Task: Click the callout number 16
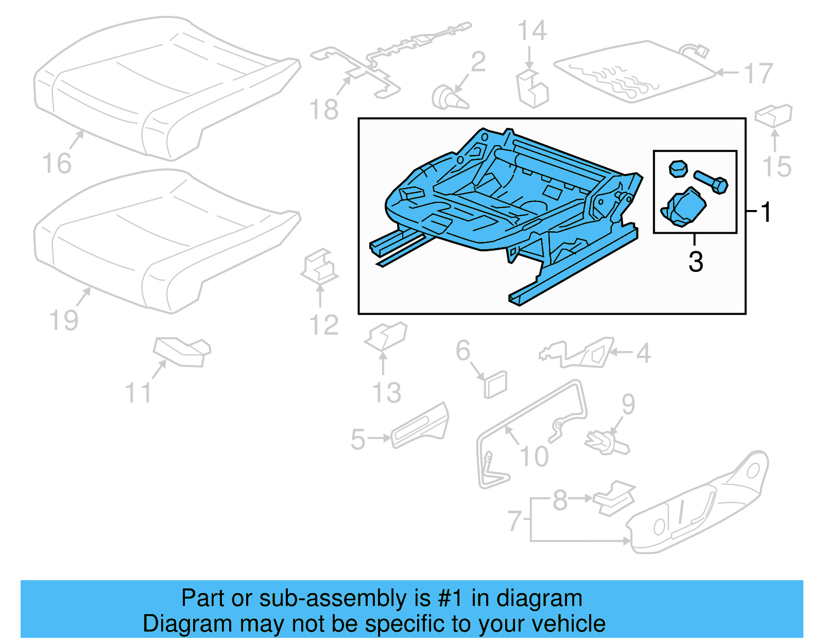tap(57, 164)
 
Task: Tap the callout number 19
tap(63, 320)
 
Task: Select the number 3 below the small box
tap(696, 262)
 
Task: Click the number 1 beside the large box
tap(766, 212)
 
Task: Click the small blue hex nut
tap(678, 168)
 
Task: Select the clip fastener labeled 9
tap(607, 443)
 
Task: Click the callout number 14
tap(531, 31)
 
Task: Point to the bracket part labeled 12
tap(319, 267)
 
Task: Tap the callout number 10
tap(534, 456)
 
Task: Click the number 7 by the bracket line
tap(514, 520)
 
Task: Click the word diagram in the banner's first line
tap(539, 598)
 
